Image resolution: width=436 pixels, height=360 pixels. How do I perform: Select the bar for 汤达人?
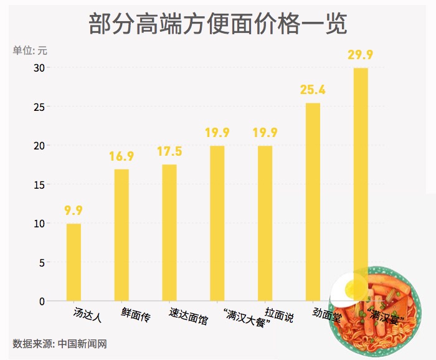(73, 262)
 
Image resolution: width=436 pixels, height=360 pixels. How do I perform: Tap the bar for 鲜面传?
(121, 235)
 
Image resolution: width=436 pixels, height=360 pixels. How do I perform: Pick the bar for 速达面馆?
(169, 233)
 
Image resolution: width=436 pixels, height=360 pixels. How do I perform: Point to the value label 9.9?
(73, 211)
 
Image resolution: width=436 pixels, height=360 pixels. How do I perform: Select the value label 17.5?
(169, 151)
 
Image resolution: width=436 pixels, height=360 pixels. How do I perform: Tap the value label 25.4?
(313, 90)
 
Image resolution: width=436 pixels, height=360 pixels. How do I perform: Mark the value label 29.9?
(361, 55)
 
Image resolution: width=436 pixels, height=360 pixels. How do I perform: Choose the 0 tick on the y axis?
(42, 301)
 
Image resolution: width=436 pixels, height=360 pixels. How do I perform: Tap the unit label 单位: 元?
(30, 50)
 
